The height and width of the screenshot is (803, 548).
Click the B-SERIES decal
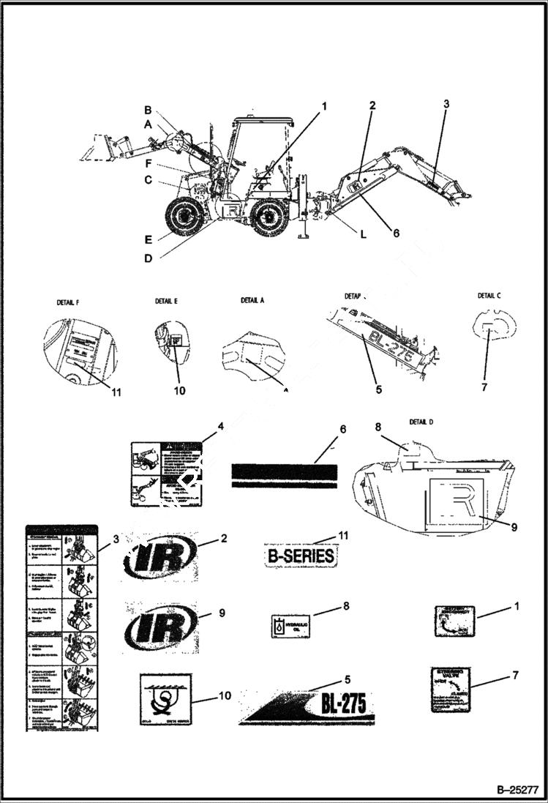pos(300,556)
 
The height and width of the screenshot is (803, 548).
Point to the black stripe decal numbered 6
pos(285,475)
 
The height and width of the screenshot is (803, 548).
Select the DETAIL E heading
pos(166,301)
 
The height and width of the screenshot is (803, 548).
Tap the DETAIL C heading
pos(490,296)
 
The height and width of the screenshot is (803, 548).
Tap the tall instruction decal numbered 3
pos(62,627)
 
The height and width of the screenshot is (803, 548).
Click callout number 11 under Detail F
pos(116,392)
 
